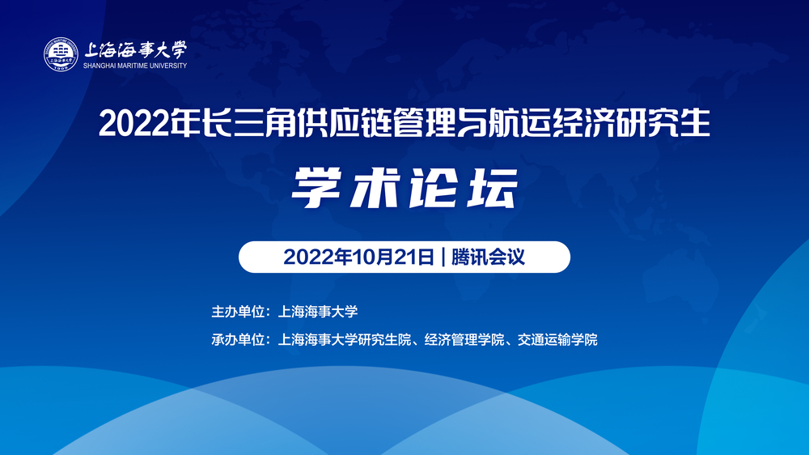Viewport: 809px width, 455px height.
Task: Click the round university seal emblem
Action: [x=62, y=53]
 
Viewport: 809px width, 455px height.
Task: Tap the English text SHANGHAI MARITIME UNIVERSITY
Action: [x=135, y=66]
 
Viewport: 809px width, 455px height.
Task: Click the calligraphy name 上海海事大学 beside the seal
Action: [x=135, y=49]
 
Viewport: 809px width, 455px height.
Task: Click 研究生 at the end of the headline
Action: [x=665, y=124]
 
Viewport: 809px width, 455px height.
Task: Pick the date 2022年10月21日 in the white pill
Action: [x=359, y=257]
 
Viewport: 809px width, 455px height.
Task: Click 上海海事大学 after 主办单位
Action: [x=317, y=311]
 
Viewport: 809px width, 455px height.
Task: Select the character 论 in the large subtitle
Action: [x=434, y=189]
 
